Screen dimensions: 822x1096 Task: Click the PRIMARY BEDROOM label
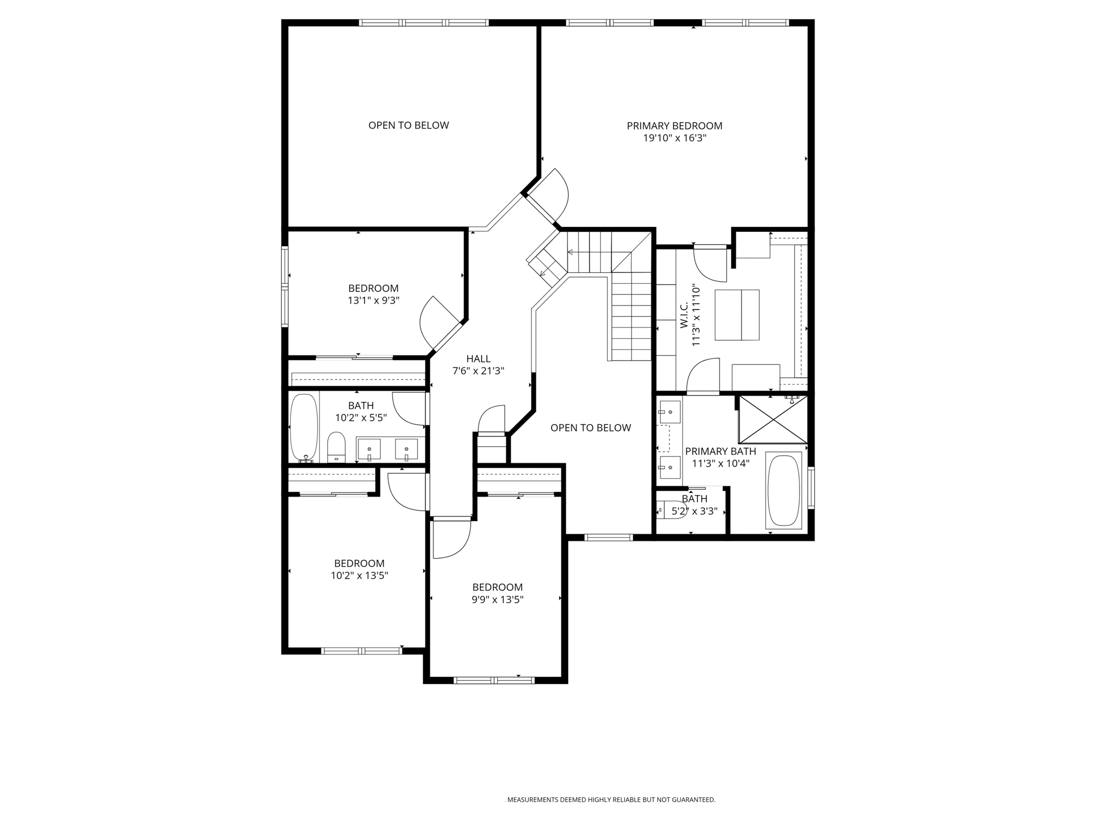674,126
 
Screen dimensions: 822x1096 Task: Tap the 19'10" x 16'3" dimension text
674,138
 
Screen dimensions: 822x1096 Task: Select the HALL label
478,359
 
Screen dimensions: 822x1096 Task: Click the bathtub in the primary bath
783,490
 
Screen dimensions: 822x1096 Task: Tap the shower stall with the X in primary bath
773,420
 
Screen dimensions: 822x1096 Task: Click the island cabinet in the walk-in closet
737,315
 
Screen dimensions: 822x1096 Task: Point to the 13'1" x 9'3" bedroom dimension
374,301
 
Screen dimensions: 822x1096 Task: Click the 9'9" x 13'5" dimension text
497,599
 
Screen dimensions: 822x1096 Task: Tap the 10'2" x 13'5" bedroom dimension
359,576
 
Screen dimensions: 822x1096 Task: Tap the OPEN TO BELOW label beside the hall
590,428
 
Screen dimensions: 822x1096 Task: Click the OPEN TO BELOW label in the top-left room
408,125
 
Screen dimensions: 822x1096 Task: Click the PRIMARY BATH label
720,451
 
